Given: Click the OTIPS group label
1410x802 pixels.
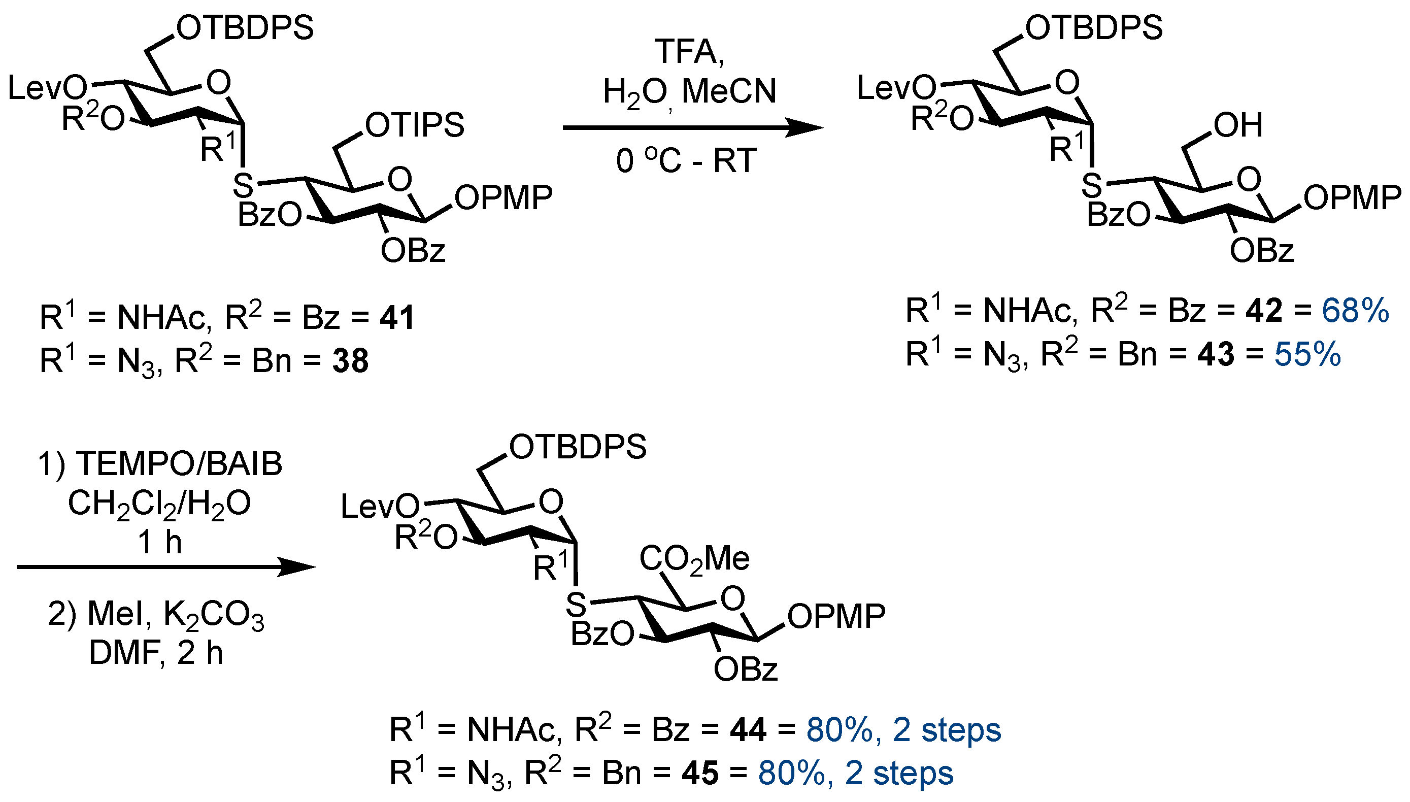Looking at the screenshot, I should pos(414,125).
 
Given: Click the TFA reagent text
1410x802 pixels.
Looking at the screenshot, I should pos(688,52).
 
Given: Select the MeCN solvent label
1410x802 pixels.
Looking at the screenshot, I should pos(729,91).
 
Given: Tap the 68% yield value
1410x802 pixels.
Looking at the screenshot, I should pos(1355,311).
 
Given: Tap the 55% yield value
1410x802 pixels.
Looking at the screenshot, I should pos(1307,354).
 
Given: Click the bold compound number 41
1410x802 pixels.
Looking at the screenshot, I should pos(396,318).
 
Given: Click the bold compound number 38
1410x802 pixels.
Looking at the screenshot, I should pos(350,361).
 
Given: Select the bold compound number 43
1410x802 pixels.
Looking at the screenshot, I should pos(1216,354).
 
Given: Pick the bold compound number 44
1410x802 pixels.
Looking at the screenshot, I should pos(748,730).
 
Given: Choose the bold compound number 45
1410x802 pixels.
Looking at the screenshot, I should pos(700,774).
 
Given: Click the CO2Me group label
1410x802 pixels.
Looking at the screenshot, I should pos(694,558).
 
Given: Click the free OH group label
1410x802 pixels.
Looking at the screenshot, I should pos(1237,125).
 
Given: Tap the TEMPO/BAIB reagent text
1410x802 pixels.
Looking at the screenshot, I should pos(160,464).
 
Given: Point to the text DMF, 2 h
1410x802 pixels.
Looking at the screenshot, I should pos(156,653).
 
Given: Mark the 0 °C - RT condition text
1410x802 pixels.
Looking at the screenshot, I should pos(686,161).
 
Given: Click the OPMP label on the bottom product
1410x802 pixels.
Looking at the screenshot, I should pos(836,616).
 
